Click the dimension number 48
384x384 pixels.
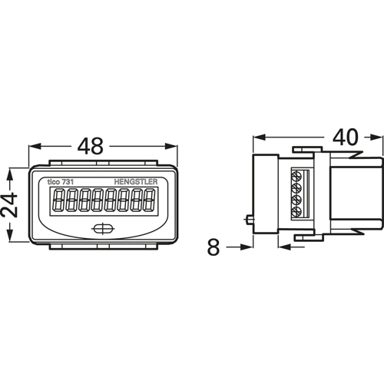pyautogui.click(x=91, y=146)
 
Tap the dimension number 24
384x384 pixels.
pyautogui.click(x=9, y=206)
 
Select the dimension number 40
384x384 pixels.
pyautogui.click(x=345, y=137)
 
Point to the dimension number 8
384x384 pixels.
pyautogui.click(x=214, y=247)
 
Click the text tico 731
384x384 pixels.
pyautogui.click(x=61, y=182)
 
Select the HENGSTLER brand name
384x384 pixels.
pyautogui.click(x=136, y=182)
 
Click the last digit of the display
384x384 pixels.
pyautogui.click(x=149, y=200)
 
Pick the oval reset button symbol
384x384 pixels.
pyautogui.click(x=103, y=229)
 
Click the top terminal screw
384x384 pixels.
pyautogui.click(x=296, y=177)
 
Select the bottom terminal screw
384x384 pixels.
pyautogui.click(x=296, y=212)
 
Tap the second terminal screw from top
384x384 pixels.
pyautogui.click(x=296, y=189)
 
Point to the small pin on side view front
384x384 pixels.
pyautogui.click(x=249, y=220)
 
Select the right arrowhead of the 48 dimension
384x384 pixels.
pyautogui.click(x=170, y=147)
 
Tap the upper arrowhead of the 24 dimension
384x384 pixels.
pyautogui.click(x=9, y=174)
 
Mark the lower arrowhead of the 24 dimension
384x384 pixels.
pyautogui.click(x=9, y=235)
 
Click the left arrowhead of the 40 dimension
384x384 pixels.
pyautogui.click(x=259, y=137)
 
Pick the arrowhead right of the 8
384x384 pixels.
pyautogui.click(x=247, y=247)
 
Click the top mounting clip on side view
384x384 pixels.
pyautogui.click(x=307, y=149)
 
